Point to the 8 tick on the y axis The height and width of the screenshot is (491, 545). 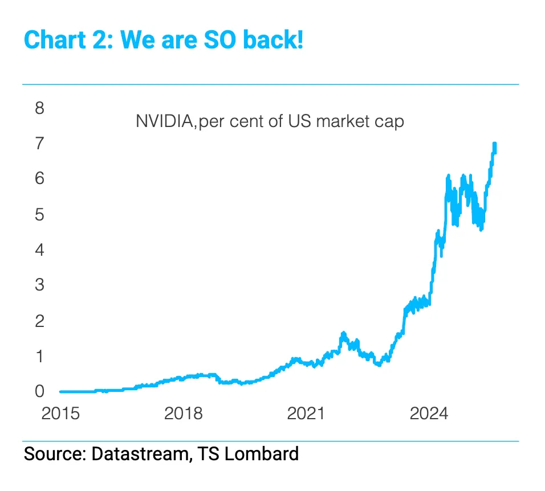tap(39, 108)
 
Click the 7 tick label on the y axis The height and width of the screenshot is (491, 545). tap(39, 144)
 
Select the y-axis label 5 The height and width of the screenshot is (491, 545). tap(39, 214)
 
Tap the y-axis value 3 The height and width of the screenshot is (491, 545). tap(39, 285)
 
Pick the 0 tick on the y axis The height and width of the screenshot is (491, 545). tap(39, 391)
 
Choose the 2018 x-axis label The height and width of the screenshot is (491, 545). tap(183, 414)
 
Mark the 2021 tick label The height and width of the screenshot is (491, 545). tap(306, 414)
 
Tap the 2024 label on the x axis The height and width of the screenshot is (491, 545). tap(429, 414)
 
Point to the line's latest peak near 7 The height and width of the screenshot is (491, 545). tap(494, 144)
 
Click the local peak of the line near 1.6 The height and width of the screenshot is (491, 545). tap(343, 333)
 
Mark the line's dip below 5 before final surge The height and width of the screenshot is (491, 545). tap(482, 229)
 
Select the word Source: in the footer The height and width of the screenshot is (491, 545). tap(55, 454)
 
